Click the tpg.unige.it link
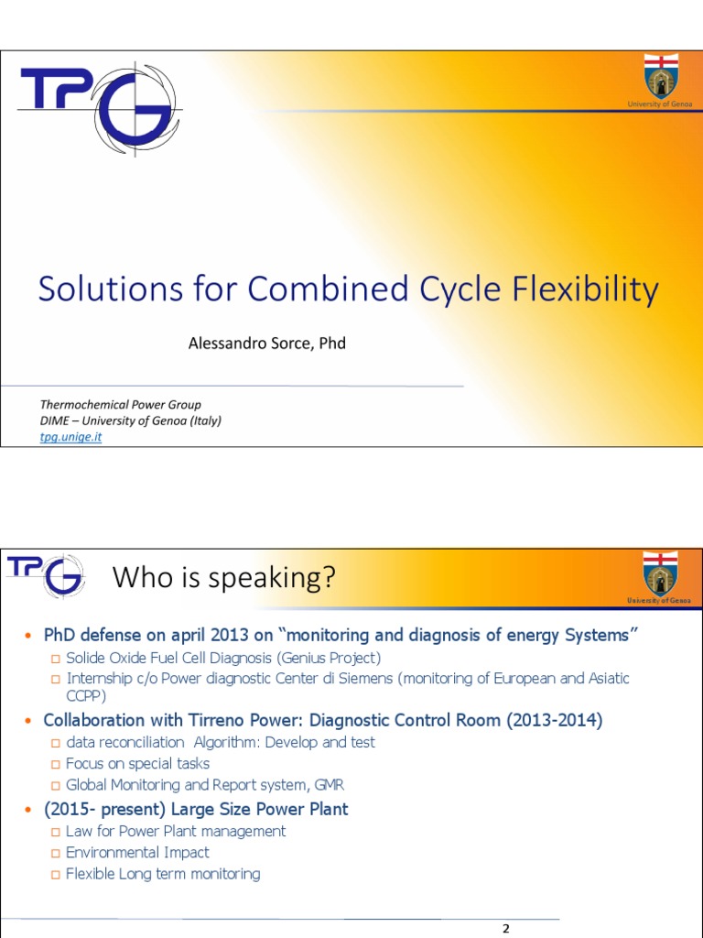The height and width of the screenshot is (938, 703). pyautogui.click(x=70, y=437)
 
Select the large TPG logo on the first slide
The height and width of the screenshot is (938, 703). pyautogui.click(x=98, y=104)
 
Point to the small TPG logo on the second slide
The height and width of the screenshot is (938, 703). pyautogui.click(x=47, y=573)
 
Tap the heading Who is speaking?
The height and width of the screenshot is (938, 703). pyautogui.click(x=223, y=579)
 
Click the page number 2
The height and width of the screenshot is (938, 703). pyautogui.click(x=506, y=928)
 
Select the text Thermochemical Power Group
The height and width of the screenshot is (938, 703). pyautogui.click(x=120, y=404)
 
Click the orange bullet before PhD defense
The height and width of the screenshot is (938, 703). pyautogui.click(x=27, y=636)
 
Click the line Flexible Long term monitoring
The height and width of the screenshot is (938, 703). pyautogui.click(x=163, y=874)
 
